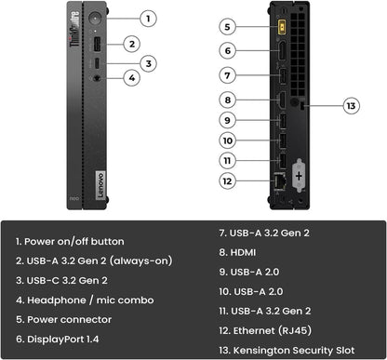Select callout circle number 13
(352, 106)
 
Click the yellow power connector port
(277, 26)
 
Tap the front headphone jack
(96, 78)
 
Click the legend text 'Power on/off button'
(70, 241)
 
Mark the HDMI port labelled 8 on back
(278, 99)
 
